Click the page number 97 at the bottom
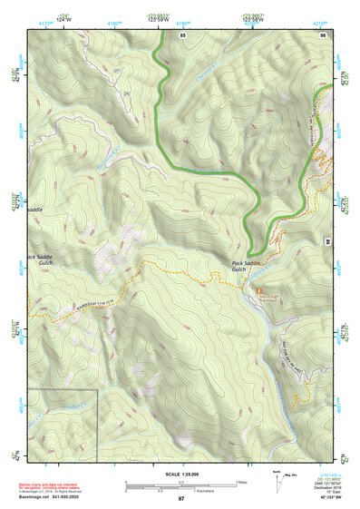[180, 499]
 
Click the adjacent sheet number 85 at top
[182, 34]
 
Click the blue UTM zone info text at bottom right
[323, 482]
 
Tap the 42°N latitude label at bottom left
[15, 457]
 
